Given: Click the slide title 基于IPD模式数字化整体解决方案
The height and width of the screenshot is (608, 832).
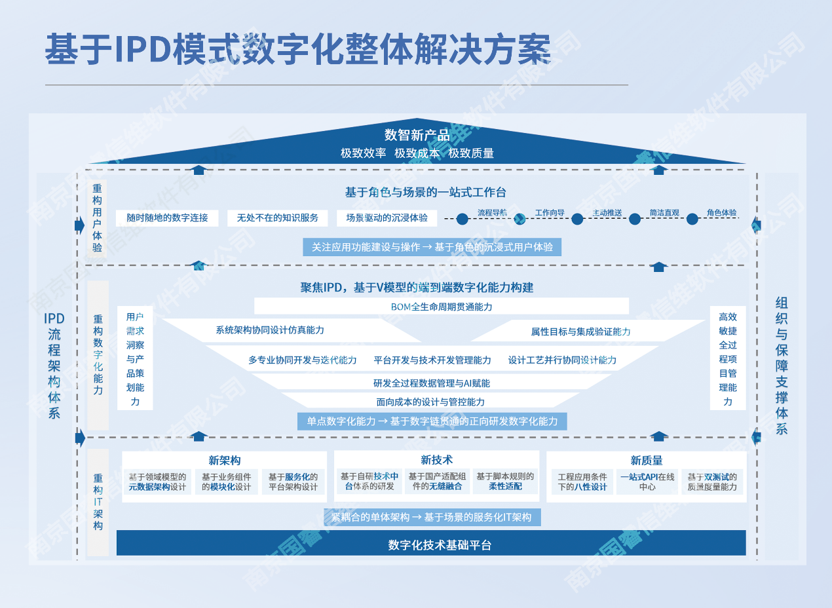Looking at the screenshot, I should click(x=297, y=50).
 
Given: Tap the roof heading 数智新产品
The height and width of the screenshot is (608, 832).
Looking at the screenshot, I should click(x=417, y=136).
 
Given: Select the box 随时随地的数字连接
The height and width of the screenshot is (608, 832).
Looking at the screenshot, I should click(x=167, y=218).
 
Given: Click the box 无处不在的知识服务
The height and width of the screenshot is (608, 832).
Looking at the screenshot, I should click(x=278, y=218).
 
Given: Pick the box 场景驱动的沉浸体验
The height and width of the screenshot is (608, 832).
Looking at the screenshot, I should click(x=387, y=218).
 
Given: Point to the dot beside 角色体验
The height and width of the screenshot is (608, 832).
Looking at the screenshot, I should click(x=692, y=219).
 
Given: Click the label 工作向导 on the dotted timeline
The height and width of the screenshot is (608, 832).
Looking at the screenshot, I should click(x=549, y=213).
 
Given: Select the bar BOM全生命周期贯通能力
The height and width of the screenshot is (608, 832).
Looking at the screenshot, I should click(x=441, y=307).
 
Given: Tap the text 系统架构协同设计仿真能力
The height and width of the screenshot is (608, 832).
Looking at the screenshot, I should click(x=270, y=330).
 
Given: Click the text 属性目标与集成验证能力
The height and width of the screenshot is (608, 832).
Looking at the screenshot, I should click(x=580, y=332).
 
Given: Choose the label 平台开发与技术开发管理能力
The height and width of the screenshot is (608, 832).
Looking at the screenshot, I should click(x=432, y=360).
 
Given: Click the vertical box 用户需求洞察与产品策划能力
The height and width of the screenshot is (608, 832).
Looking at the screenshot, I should click(x=135, y=358).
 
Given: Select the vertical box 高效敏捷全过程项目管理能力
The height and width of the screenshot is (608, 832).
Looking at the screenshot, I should click(x=728, y=358).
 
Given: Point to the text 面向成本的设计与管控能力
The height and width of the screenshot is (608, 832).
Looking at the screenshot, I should click(x=430, y=402).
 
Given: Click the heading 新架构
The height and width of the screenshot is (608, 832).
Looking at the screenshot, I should click(x=225, y=460).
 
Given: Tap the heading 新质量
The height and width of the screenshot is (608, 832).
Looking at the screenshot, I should click(x=647, y=460).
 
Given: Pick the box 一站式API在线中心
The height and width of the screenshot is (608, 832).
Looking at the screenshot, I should click(x=647, y=482).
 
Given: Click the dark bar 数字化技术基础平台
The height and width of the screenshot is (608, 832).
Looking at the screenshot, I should click(x=431, y=544).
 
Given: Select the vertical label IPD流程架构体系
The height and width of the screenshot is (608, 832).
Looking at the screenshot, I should click(x=54, y=366).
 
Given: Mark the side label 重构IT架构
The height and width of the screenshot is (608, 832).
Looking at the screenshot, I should click(x=98, y=502).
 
